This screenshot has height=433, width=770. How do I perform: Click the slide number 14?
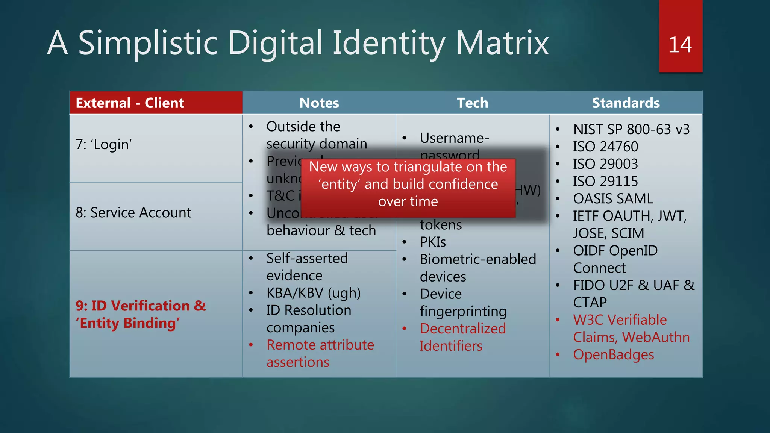coord(680,45)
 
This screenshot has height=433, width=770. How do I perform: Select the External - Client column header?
coord(130,103)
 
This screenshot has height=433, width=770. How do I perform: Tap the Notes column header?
coord(319,103)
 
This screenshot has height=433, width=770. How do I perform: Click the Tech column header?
coord(472,103)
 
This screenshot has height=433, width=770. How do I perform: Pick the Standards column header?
coord(626,103)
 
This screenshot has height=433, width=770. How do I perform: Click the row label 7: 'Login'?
coord(104,144)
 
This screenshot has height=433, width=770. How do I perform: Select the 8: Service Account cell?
coord(133,213)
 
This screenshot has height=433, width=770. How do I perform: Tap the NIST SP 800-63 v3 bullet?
coord(631,129)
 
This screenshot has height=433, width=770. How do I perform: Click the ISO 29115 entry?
coord(605,181)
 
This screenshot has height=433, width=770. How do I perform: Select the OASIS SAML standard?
coord(613,198)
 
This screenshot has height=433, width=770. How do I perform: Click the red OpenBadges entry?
coord(613,354)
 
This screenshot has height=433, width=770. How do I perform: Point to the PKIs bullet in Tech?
coord(433,242)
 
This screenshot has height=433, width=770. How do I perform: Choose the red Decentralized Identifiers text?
coord(462,337)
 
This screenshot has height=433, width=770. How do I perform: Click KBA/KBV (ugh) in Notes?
coord(313,293)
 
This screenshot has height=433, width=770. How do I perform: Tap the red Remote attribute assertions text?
coord(320,353)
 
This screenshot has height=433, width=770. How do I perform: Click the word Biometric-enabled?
coord(478,259)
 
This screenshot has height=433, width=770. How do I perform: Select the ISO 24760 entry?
coord(605,147)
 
